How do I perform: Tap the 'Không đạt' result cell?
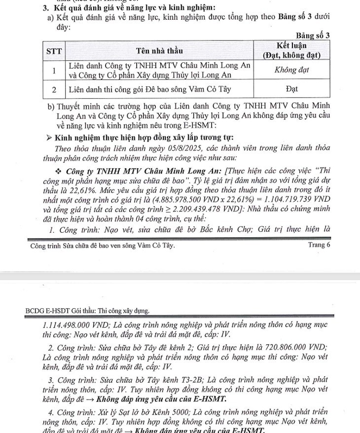(x=291, y=70)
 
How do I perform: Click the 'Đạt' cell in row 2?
(x=291, y=89)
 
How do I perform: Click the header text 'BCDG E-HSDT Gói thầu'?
(x=87, y=311)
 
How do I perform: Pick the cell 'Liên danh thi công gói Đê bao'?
(x=150, y=89)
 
